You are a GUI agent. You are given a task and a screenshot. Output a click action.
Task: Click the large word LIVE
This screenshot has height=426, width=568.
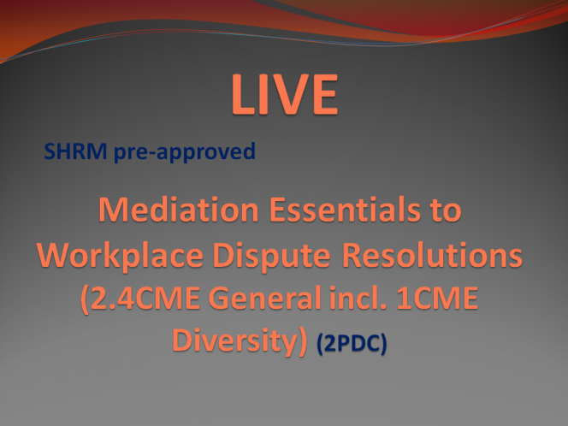[x=285, y=94]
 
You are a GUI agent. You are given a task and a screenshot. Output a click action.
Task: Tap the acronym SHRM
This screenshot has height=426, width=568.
[x=75, y=151]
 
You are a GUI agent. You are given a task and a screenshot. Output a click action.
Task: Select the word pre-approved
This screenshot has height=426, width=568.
[x=185, y=152]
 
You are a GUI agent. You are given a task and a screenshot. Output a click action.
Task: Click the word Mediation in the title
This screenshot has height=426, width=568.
[x=179, y=210]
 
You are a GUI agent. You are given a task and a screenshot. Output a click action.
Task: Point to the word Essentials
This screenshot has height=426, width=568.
[x=345, y=210]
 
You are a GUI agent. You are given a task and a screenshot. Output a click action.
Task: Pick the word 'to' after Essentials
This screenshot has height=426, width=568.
[x=447, y=210]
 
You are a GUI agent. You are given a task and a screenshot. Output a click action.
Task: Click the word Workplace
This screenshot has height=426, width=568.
[x=120, y=256]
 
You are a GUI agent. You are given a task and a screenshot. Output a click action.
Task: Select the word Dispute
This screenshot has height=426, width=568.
[x=271, y=256]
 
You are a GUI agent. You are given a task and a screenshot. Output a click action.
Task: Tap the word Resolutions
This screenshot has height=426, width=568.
[x=432, y=255]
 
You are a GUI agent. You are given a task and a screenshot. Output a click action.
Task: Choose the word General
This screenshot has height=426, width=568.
[x=265, y=298]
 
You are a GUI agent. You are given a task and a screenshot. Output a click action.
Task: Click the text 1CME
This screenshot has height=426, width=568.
[x=437, y=299]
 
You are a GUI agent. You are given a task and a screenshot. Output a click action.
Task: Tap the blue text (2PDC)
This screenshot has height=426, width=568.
[x=352, y=343]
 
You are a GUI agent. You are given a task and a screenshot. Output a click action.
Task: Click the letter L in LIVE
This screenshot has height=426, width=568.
[x=244, y=94]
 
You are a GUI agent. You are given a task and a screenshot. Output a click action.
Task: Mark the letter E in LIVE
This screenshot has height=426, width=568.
[x=325, y=94]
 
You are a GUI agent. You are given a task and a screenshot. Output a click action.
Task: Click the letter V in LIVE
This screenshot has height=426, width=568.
[x=289, y=94]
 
